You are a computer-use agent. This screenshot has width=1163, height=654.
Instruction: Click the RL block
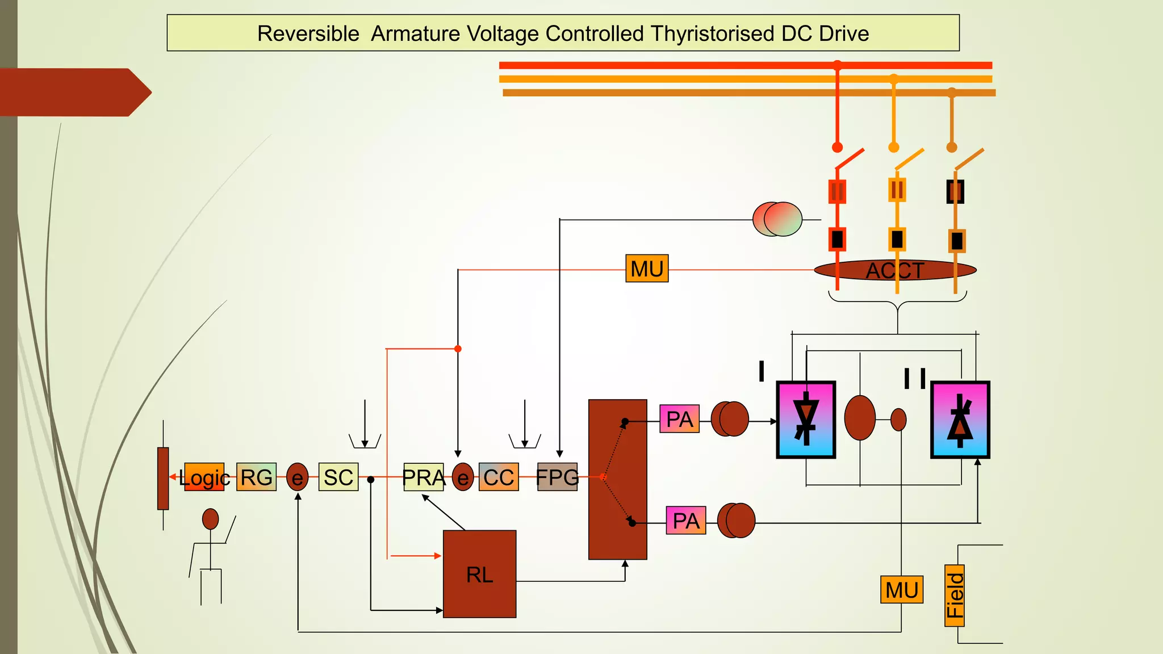pyautogui.click(x=479, y=574)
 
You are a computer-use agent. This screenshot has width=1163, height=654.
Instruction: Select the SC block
pyautogui.click(x=338, y=477)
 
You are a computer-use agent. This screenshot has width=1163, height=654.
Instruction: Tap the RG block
pyautogui.click(x=256, y=477)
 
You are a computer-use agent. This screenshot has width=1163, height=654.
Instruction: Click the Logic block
pyautogui.click(x=204, y=477)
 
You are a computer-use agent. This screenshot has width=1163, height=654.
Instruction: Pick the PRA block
pyautogui.click(x=424, y=477)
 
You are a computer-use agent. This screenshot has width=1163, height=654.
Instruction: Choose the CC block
pyautogui.click(x=499, y=477)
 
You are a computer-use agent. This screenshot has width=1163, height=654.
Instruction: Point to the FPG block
pyautogui.click(x=557, y=477)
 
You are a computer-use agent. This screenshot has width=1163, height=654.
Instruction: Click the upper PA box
pyautogui.click(x=679, y=419)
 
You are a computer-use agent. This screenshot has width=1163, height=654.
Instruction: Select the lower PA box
pyautogui.click(x=686, y=520)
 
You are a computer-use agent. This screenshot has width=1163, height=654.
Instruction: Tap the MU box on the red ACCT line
pyautogui.click(x=647, y=269)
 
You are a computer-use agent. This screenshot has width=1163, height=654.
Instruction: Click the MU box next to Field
pyautogui.click(x=902, y=590)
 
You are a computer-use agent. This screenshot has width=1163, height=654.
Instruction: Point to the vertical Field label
pyautogui.click(x=955, y=596)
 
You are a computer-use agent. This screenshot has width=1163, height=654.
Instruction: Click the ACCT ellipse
pyautogui.click(x=895, y=270)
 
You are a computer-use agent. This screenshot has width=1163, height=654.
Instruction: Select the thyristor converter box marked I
pyautogui.click(x=806, y=420)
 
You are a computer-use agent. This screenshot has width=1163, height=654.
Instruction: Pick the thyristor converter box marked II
pyautogui.click(x=960, y=420)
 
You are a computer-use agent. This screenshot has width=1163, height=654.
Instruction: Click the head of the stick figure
pyautogui.click(x=211, y=518)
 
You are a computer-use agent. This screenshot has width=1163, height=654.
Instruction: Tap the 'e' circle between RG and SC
pyautogui.click(x=297, y=477)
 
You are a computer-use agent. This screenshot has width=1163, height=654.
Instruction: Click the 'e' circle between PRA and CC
pyautogui.click(x=463, y=477)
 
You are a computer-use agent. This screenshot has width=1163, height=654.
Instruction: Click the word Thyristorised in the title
pyautogui.click(x=712, y=33)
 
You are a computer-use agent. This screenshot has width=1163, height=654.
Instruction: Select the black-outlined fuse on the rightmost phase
pyautogui.click(x=955, y=192)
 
